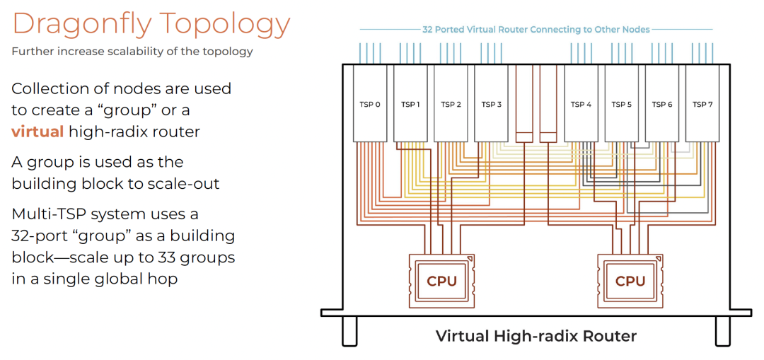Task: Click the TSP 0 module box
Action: pos(370,104)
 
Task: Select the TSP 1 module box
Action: pos(410,104)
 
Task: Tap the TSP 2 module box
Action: pos(451,104)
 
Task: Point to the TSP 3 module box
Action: pos(491,104)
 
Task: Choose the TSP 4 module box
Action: pos(581,104)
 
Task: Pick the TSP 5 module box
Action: pos(621,104)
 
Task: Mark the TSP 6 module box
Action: pos(661,104)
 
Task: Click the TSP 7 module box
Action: pos(702,104)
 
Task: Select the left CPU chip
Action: pos(441,281)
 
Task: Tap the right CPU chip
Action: pos(630,281)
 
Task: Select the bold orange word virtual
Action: pos(37,132)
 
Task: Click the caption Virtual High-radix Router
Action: pos(536,336)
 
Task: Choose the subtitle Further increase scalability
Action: pos(132,52)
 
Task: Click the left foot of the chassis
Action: pos(349,330)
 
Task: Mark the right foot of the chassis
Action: pos(722,330)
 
